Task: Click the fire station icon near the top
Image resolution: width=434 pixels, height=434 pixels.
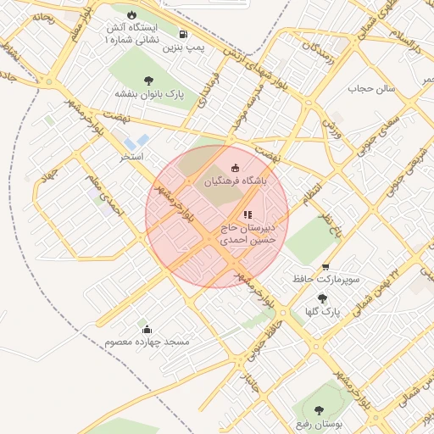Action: tap(131, 15)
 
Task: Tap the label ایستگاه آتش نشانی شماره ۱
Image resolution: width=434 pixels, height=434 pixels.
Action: tap(131, 33)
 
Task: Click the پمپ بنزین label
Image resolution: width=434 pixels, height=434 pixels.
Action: tap(184, 49)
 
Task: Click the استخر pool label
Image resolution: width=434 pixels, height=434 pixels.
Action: tap(131, 158)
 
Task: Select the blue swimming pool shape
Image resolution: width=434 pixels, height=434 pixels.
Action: tap(136, 141)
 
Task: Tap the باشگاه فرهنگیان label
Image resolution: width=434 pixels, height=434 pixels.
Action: tap(234, 181)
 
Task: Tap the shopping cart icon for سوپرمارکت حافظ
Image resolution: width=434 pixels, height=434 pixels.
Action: tap(327, 265)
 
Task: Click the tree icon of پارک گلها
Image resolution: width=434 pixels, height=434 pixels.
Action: tap(322, 298)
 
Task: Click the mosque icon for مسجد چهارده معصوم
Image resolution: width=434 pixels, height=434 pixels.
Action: tap(147, 329)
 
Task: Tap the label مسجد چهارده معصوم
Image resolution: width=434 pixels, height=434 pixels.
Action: tap(147, 342)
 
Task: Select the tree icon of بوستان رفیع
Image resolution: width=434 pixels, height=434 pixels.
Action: tap(319, 410)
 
